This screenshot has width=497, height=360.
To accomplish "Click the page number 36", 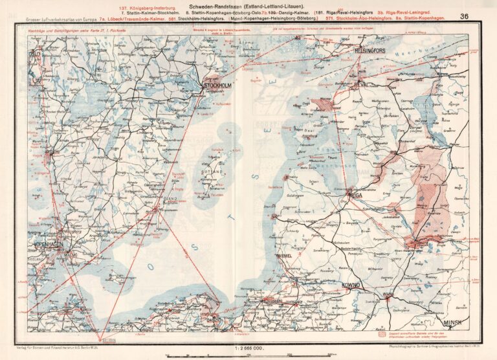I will click(465, 17).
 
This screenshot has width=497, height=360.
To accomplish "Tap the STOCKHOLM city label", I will click(217, 85).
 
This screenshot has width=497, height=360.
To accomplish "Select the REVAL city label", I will click(360, 84).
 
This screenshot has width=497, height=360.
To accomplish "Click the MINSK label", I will click(454, 322).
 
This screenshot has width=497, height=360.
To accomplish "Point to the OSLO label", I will click(35, 54).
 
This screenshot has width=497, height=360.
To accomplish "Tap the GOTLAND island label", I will click(214, 172).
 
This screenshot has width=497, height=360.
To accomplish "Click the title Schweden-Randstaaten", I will click(248, 5).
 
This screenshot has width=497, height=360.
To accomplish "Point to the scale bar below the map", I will click(248, 355).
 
